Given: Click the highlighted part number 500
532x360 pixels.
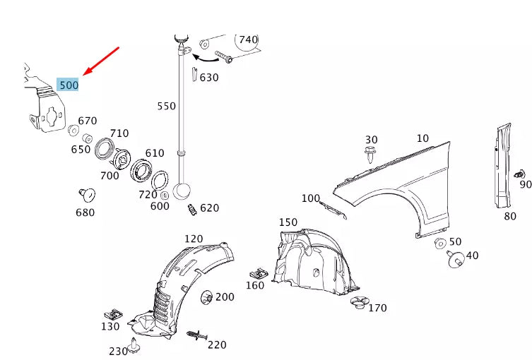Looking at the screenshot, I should tap(69, 85).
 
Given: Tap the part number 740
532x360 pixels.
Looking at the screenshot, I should tap(248, 40).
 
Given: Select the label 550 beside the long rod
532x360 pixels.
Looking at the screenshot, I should tap(166, 107).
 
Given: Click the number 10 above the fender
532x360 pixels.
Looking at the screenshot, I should tap(422, 138).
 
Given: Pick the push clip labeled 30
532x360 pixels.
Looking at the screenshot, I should tap(371, 155).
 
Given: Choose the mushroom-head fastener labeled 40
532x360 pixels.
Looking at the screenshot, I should tap(455, 258).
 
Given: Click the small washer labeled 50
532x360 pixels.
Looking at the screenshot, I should tap(440, 244).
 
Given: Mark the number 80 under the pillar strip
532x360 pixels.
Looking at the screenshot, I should tap(510, 216).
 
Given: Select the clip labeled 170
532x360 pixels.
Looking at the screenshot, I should tap(359, 304).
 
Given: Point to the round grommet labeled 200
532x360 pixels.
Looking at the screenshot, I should tap(208, 297).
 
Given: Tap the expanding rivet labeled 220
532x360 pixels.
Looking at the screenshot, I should tap(196, 335).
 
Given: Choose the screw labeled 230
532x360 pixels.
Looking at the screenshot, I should tap(135, 347).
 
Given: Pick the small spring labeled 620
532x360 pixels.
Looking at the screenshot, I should tap(190, 210).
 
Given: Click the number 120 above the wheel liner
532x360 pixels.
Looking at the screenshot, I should tap(194, 239).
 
